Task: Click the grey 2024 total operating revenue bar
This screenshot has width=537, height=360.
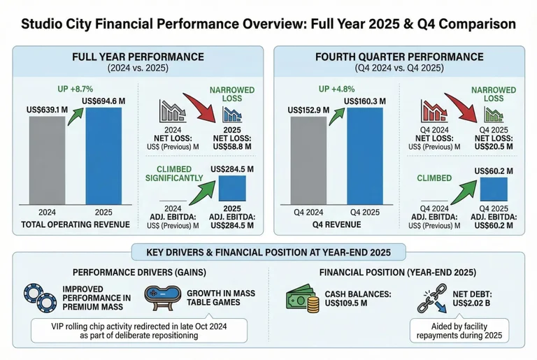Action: point(47,160)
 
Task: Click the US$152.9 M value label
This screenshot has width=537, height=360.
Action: point(308,109)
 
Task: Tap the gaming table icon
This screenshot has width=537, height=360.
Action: point(160,298)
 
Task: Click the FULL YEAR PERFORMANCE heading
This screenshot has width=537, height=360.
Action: point(138,57)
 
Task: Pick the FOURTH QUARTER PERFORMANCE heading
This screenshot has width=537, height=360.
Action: point(400,57)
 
